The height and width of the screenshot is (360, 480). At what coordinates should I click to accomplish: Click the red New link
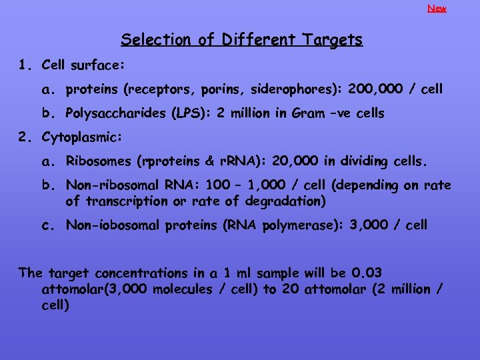[437, 9]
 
